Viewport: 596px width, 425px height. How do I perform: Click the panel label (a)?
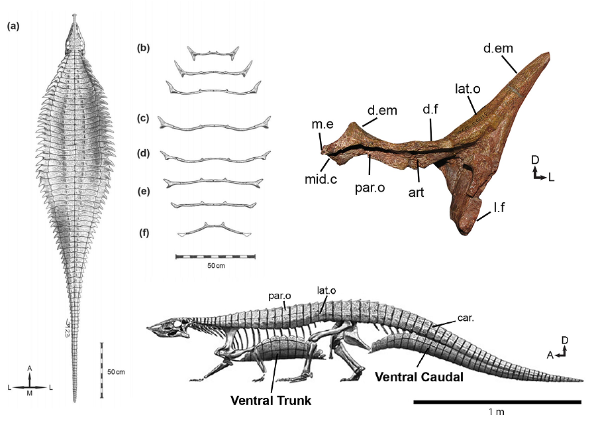point(12,27)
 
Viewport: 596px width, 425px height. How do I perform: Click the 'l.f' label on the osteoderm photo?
point(501,208)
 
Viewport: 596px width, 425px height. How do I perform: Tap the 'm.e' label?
point(320,126)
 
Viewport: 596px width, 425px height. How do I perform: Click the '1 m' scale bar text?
point(496,412)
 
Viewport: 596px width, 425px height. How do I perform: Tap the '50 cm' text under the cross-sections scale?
point(215,266)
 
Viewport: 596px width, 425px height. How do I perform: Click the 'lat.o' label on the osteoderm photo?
point(467,88)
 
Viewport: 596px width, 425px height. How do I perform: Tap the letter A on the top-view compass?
point(29,368)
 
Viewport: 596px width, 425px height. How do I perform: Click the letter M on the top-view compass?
point(29,394)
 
